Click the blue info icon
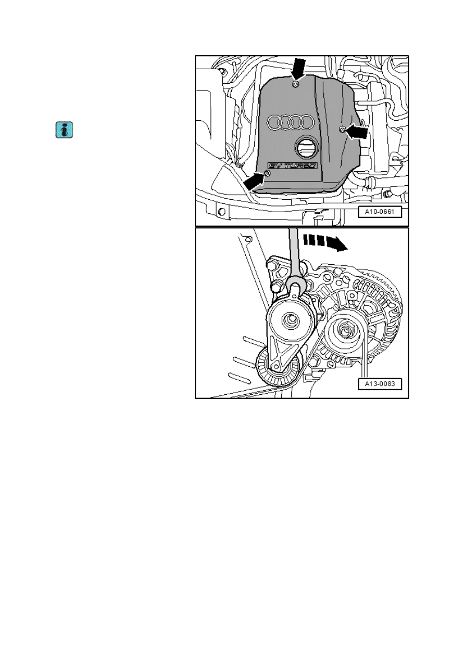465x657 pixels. click(64, 130)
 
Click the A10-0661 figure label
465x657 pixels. click(380, 212)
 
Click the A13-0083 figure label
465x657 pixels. click(380, 384)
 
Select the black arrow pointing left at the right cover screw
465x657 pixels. click(357, 131)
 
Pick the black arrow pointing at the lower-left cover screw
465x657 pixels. click(254, 181)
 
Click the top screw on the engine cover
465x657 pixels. click(296, 85)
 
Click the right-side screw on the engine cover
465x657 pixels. click(342, 129)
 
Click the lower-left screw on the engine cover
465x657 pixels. click(267, 173)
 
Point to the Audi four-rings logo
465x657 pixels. click(291, 122)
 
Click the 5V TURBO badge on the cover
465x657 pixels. click(293, 166)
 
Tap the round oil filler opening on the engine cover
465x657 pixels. click(306, 148)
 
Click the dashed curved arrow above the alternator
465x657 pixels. click(325, 242)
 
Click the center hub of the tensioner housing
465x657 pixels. click(291, 320)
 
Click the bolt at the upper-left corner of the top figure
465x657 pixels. click(222, 71)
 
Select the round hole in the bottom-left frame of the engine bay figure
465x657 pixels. click(222, 212)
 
